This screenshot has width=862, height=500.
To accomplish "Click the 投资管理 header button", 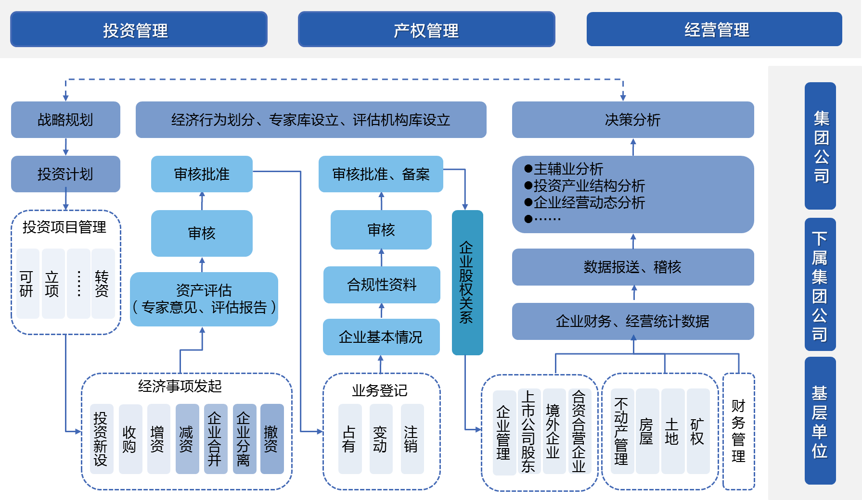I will (x=139, y=29).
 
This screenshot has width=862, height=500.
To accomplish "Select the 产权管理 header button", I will (x=426, y=29).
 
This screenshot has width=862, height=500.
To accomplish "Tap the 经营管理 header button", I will (x=714, y=29).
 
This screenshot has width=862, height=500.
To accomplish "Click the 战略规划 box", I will (x=65, y=120).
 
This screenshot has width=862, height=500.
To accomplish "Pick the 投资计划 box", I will (x=65, y=174).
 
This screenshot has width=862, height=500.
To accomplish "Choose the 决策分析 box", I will (x=633, y=120).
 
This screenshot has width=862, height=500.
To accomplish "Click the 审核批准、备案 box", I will (x=381, y=174).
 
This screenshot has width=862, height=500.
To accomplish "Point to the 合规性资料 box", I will (x=382, y=285).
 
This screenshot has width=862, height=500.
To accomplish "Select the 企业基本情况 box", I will (x=381, y=337).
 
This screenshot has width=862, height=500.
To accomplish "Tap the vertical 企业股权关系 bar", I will (x=467, y=283).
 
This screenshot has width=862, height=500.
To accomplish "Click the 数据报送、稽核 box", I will (x=633, y=267).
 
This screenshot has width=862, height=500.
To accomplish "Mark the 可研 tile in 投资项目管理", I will (x=27, y=284).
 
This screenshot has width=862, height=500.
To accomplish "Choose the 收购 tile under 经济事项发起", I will (x=130, y=439).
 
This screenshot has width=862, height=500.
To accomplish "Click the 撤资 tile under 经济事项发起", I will (x=271, y=439).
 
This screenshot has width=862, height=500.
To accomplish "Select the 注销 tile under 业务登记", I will (x=412, y=439).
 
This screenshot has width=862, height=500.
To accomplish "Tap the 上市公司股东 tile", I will (x=528, y=431).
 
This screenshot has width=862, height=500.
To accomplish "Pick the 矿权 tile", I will (x=697, y=431).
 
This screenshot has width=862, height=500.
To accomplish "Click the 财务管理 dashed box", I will (x=738, y=431).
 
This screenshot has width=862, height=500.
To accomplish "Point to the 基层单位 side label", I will (x=820, y=421).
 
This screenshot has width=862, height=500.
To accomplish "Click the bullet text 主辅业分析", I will (x=568, y=169).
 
